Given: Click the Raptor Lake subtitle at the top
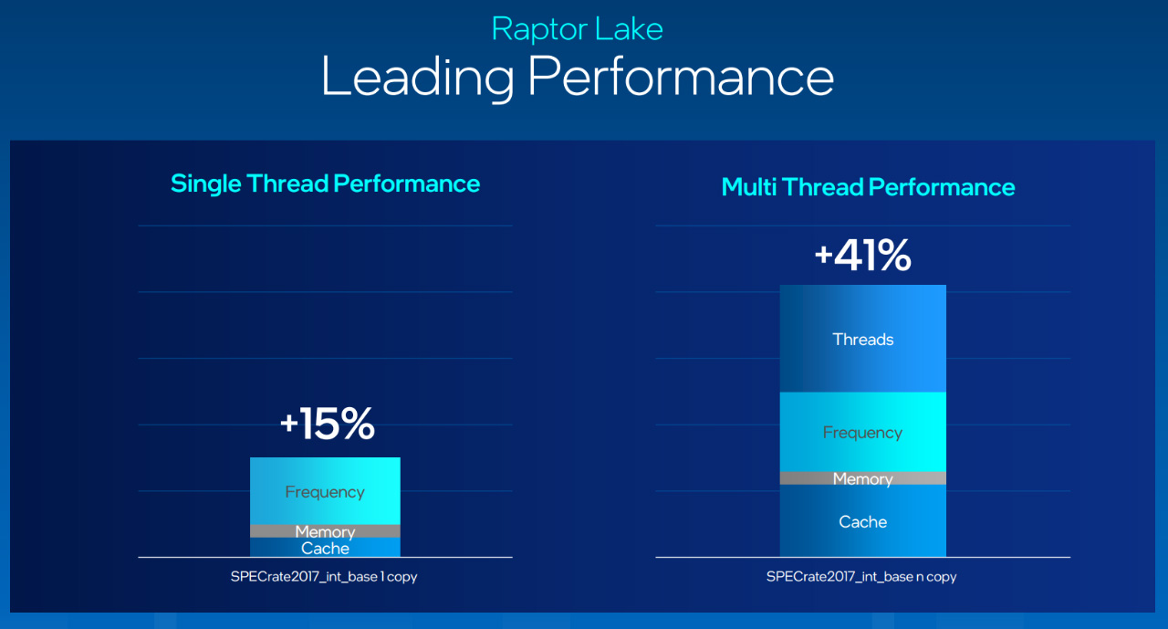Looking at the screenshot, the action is (x=578, y=28).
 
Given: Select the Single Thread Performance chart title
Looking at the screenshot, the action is (x=326, y=183).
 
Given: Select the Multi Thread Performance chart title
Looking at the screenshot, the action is (x=868, y=187).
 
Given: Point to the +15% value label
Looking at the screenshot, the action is (x=328, y=424).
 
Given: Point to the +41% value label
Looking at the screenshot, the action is (x=863, y=255).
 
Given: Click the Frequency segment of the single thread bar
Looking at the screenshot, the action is (x=325, y=491).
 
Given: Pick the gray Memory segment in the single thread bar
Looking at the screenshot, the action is (x=325, y=531).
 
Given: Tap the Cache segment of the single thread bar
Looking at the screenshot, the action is (x=325, y=548).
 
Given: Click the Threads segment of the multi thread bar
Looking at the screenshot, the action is (x=863, y=339).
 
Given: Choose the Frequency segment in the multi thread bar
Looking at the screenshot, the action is (x=863, y=432).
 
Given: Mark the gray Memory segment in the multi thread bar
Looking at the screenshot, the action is (x=863, y=478).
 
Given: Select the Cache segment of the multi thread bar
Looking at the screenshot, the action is (x=863, y=521).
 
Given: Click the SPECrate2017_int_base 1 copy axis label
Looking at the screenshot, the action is (x=324, y=577).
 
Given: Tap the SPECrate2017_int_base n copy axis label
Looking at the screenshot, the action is (x=861, y=577).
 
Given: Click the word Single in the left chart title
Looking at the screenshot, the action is (x=206, y=184).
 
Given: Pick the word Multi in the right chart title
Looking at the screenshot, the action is (x=749, y=187).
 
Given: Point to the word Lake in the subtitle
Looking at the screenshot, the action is (x=629, y=28).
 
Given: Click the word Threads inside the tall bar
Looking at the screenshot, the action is (x=863, y=340).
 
